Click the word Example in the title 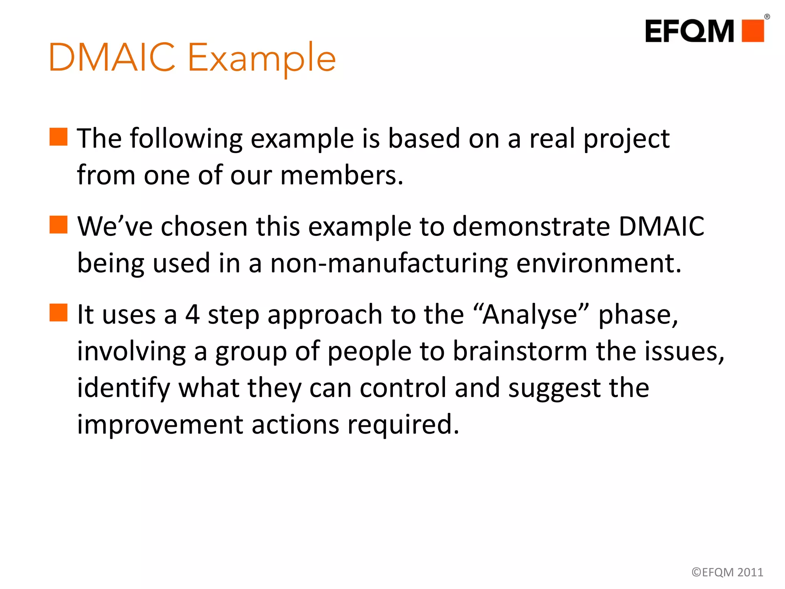262,58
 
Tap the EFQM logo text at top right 689,31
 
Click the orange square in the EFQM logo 753,31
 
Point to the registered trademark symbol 767,16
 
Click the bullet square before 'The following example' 59,137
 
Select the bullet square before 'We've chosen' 59,225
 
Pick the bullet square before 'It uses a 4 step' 59,313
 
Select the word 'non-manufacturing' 389,263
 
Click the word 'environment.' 599,263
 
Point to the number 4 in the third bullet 192,314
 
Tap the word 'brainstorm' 520,351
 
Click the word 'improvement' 160,424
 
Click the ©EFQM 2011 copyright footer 727,572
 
